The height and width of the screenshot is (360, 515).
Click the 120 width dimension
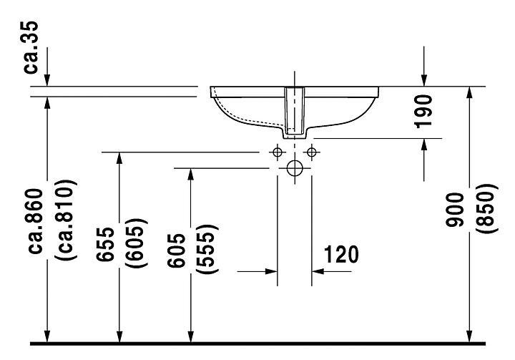(341, 254)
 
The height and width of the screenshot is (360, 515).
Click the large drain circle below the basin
(294, 169)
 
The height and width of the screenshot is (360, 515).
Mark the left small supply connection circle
(277, 152)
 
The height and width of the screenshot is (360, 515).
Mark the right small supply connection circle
(311, 152)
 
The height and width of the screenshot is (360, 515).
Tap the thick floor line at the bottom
(257, 345)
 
